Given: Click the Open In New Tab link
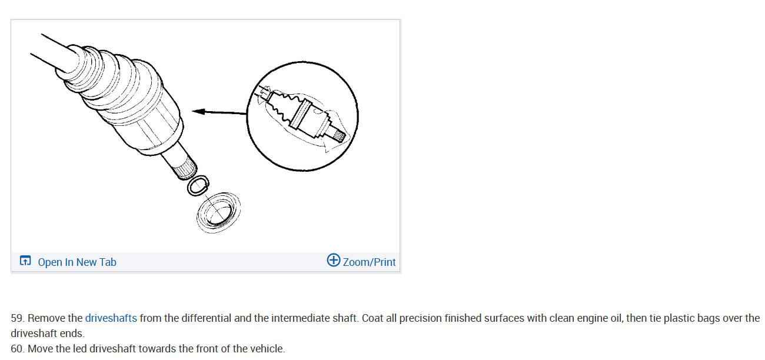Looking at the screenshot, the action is (x=76, y=262).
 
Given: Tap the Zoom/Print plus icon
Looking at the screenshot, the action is (x=334, y=260).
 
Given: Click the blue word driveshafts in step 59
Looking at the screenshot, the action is (x=111, y=318).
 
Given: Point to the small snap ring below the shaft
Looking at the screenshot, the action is (x=197, y=185).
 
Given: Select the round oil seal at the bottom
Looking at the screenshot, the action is (x=218, y=211).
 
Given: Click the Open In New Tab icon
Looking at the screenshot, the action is (x=25, y=261).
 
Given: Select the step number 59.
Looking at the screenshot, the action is (x=18, y=318).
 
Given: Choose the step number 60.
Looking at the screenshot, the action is (x=18, y=349).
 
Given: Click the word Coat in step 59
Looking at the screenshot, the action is (x=373, y=318).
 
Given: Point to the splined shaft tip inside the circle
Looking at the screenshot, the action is (x=339, y=136).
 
